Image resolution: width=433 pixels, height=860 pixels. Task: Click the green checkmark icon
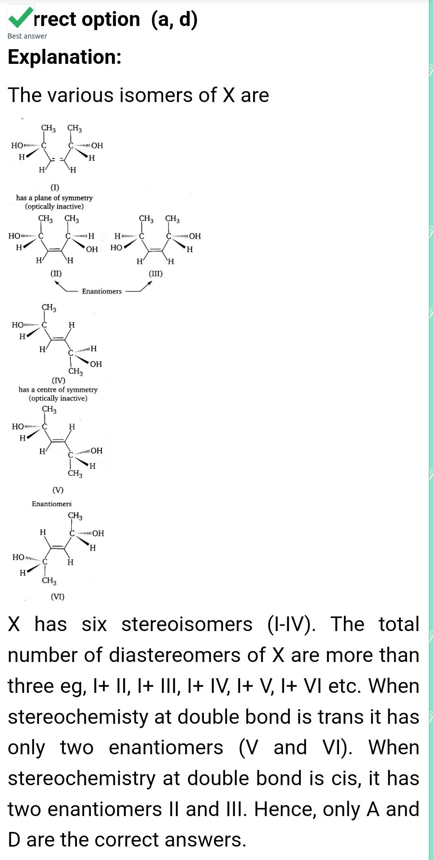(20, 18)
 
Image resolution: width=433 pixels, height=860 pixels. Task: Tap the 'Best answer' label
(27, 36)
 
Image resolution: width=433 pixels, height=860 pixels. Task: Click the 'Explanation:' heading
(65, 57)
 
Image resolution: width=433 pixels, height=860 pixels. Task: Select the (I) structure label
(55, 187)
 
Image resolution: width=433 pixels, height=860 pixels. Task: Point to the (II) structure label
(56, 274)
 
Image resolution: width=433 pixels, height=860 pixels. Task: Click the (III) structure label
(155, 274)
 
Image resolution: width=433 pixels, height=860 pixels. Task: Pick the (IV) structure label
(58, 381)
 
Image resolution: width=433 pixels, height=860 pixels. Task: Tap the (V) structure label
(58, 490)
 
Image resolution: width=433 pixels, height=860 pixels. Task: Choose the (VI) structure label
(57, 597)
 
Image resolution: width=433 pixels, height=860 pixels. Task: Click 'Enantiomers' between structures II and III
(102, 292)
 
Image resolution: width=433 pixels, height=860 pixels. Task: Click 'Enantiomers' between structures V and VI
(52, 504)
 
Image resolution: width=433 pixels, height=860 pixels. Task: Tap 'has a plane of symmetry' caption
(54, 198)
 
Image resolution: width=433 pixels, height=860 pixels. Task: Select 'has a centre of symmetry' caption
(58, 390)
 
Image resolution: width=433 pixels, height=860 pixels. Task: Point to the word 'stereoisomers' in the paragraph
(187, 624)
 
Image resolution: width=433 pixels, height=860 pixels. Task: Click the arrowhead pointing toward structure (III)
(150, 283)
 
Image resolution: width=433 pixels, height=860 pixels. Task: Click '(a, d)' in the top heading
(174, 20)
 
